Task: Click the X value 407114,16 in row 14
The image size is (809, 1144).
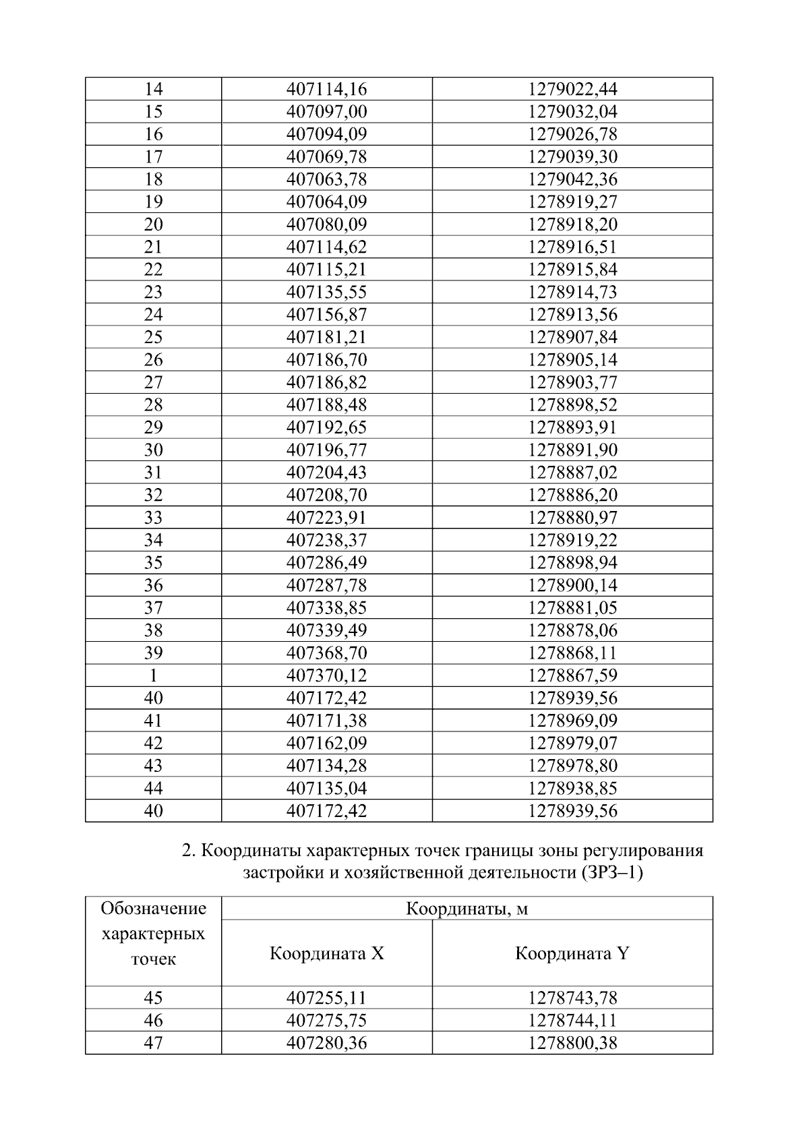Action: [x=326, y=89]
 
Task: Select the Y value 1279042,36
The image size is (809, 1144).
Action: [x=572, y=179]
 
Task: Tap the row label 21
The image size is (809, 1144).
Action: [x=153, y=247]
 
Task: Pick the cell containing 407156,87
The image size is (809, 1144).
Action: [x=326, y=315]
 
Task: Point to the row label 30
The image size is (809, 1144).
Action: [x=153, y=450]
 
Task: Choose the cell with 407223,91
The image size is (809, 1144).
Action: [x=326, y=518]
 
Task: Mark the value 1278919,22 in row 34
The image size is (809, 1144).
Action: [x=572, y=540]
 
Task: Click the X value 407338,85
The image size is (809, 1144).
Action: [x=326, y=608]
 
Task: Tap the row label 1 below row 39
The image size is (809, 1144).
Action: [x=153, y=675]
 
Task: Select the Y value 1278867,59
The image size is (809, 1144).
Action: [x=572, y=675]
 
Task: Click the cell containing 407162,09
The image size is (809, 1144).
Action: [x=326, y=743]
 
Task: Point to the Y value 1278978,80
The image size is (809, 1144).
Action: [x=572, y=766]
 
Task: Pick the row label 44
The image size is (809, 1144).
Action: [x=153, y=788]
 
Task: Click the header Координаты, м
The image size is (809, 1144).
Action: [x=467, y=909]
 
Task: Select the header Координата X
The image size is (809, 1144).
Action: [x=326, y=953]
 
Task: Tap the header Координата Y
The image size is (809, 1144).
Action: [x=572, y=953]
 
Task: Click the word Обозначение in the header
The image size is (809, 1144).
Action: [x=153, y=909]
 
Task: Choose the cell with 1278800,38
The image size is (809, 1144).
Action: [x=572, y=1043]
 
